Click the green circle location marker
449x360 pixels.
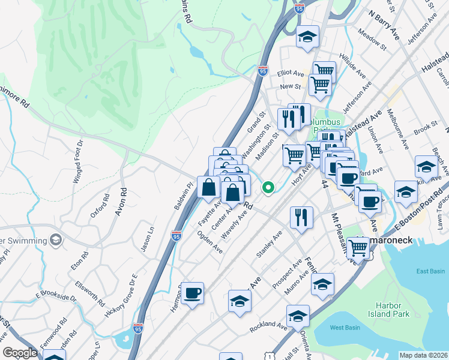tap(268, 188)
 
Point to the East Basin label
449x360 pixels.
tap(429, 271)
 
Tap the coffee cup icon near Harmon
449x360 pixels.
tap(193, 293)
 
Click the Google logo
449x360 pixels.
tap(20, 353)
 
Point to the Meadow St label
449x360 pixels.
tap(370, 39)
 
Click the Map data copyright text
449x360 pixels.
tap(423, 355)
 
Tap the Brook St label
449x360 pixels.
tap(425, 128)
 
